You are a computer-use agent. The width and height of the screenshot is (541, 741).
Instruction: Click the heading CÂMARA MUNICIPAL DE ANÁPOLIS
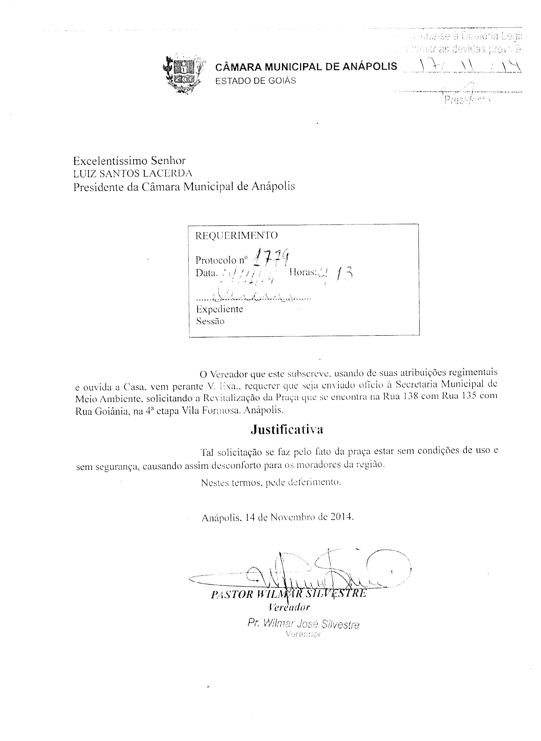click(x=306, y=67)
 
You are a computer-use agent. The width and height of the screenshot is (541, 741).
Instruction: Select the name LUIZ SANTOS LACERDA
click(x=133, y=173)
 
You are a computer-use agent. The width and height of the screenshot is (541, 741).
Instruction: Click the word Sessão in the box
click(x=210, y=321)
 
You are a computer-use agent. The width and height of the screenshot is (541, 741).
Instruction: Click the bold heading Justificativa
click(x=287, y=429)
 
